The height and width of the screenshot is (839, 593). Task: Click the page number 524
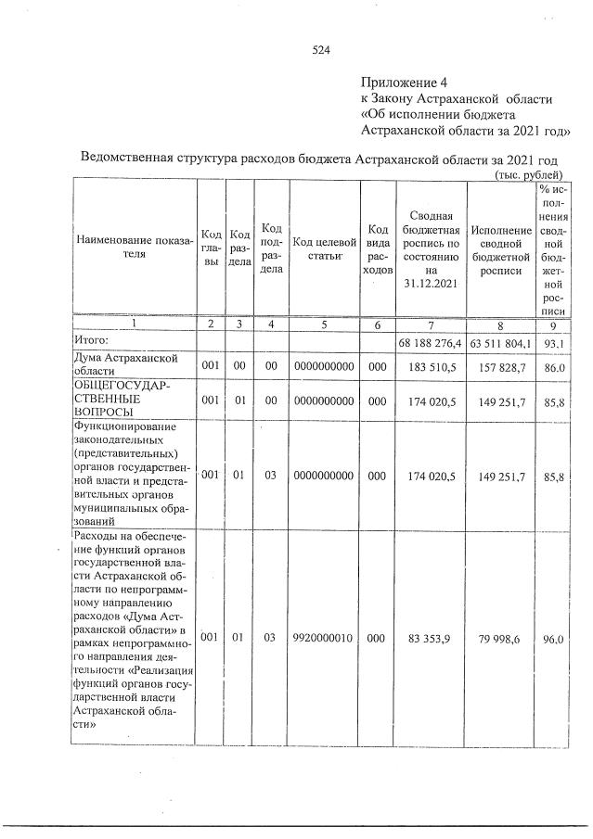321,50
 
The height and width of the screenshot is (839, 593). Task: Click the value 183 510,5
431,366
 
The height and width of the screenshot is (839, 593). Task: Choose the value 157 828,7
501,366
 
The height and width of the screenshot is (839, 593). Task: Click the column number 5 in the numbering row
323,324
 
